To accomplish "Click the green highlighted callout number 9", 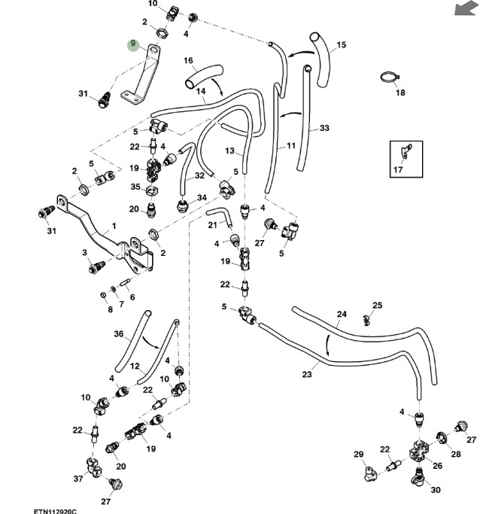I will pos(133,45).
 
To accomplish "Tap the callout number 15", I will pos(342,45).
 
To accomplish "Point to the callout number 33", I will pos(324,129).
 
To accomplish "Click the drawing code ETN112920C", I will pos(55,509).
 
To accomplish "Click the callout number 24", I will pos(342,314).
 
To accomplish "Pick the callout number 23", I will pos(307,374).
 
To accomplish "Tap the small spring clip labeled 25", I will pos(366,319).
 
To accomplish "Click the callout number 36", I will pos(118,334).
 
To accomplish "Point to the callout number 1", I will pos(114,225).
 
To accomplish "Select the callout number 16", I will pos(188,61).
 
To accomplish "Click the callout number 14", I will pos(201,92).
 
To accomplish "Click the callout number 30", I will pos(436,490).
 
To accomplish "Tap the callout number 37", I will pos(78,479).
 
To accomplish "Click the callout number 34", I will pos(202,198).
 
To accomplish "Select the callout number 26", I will pos(437,465).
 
